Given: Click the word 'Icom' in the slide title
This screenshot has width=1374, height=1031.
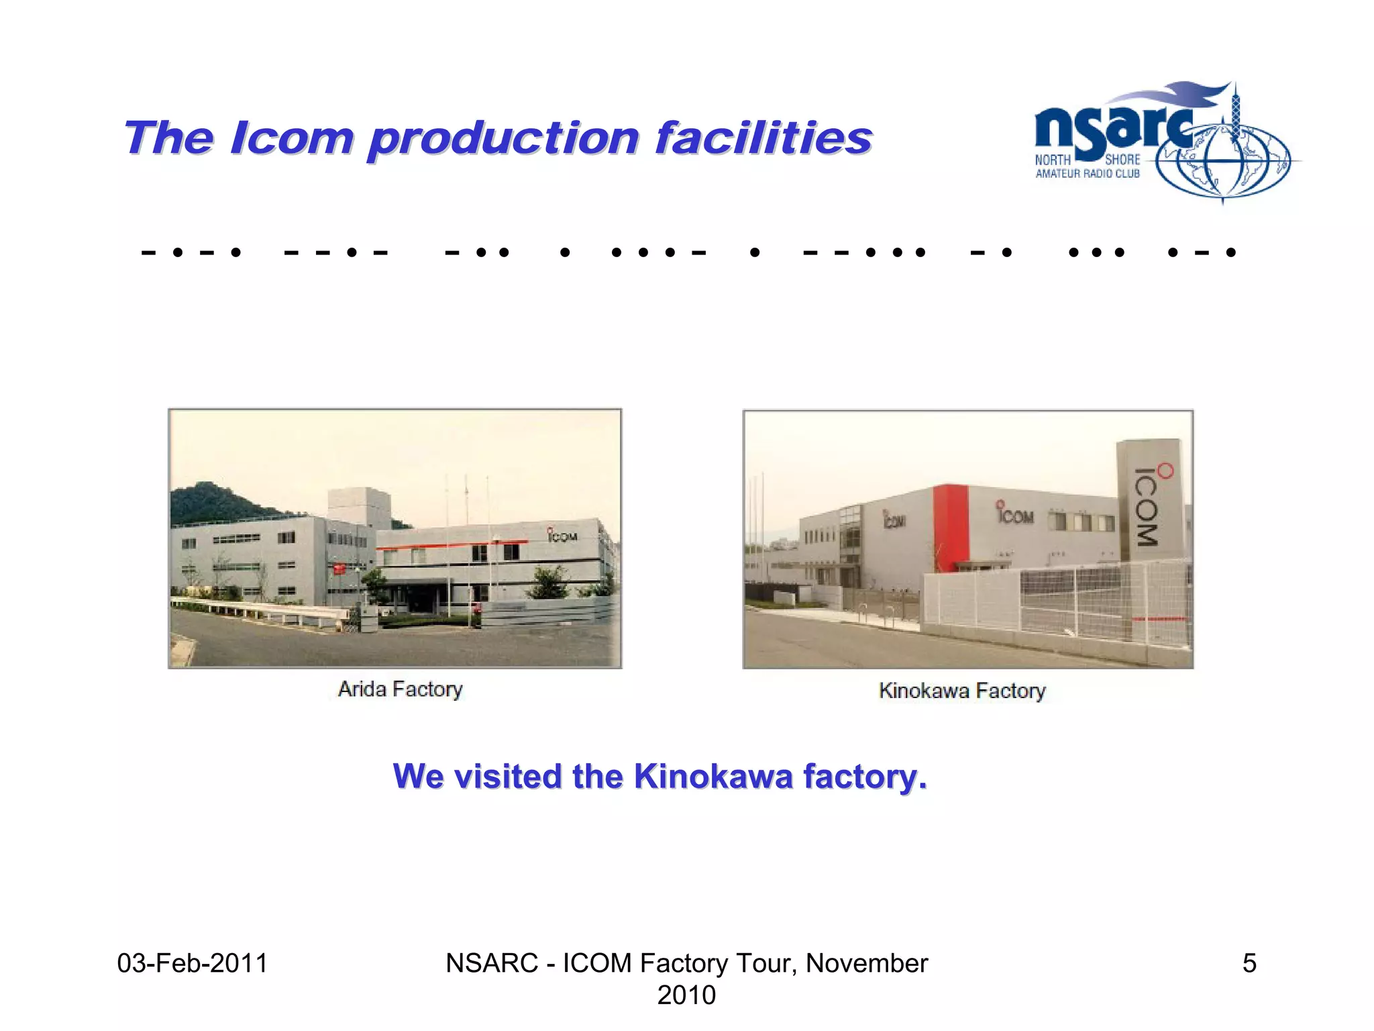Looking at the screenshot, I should tap(291, 138).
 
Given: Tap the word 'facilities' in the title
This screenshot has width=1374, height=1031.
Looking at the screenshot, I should tap(763, 138).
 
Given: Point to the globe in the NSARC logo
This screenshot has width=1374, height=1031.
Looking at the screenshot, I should tap(1222, 161).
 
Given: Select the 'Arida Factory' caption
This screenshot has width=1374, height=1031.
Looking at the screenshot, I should tap(401, 689).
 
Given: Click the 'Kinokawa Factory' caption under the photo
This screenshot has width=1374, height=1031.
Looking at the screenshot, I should tap(962, 691).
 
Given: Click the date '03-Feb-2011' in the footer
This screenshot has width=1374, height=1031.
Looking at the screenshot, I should tap(193, 963).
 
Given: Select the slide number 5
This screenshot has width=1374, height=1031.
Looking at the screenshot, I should tap(1249, 963).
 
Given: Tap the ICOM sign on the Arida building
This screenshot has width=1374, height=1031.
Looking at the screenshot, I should tap(562, 536).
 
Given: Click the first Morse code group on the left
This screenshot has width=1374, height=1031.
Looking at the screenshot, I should tap(191, 253).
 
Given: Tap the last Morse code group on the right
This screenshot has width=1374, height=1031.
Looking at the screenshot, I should tap(1202, 253).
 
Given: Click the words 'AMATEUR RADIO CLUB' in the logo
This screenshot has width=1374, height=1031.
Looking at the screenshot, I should tap(1088, 174).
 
